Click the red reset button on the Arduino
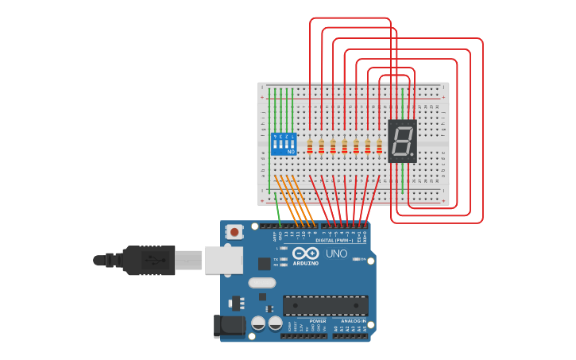pyautogui.click(x=236, y=231)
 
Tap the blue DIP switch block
pyautogui.click(x=284, y=143)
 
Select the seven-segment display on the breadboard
pyautogui.click(x=402, y=141)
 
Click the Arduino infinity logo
pyautogui.click(x=306, y=254)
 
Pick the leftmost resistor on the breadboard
pyautogui.click(x=310, y=146)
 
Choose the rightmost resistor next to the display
pyautogui.click(x=379, y=146)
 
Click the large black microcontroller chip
pyautogui.click(x=325, y=304)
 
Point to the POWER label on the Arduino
pyautogui.click(x=307, y=321)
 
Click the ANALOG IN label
pyautogui.click(x=353, y=321)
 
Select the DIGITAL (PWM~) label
pyautogui.click(x=334, y=239)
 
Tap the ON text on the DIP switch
pyautogui.click(x=291, y=151)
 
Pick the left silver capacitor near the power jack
pyautogui.click(x=258, y=323)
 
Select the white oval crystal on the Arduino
pyautogui.click(x=261, y=282)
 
